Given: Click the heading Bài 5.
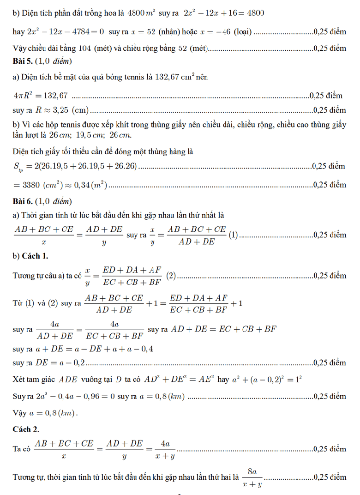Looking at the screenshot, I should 24,61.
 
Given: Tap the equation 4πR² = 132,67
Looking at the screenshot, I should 41,96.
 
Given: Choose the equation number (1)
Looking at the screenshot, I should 234,235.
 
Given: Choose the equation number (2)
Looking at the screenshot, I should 171,276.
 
